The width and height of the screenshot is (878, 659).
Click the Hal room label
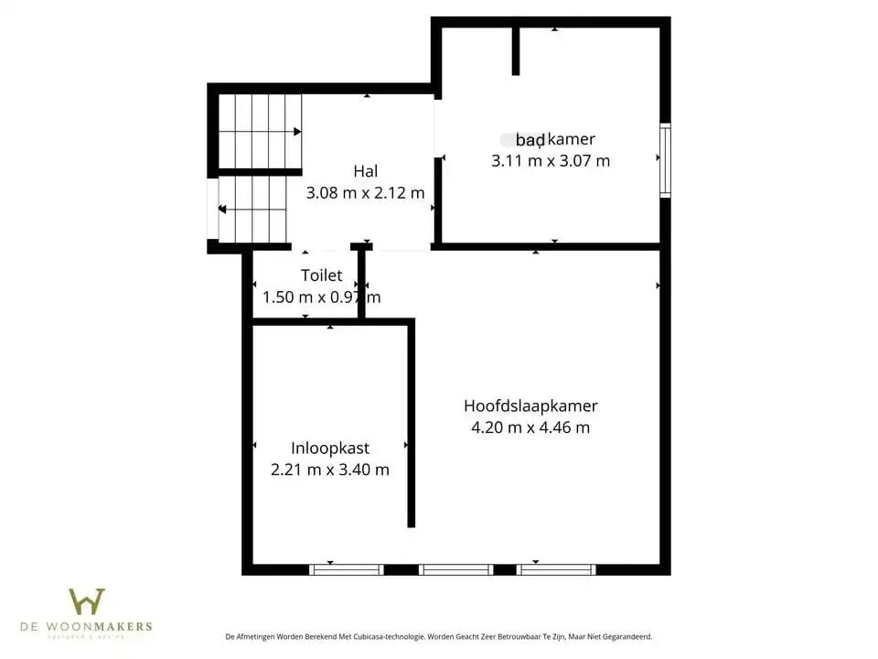point(366,171)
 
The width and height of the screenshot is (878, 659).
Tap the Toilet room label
point(321,275)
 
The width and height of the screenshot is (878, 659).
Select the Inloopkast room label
point(330,448)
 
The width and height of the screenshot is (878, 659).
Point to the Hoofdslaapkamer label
point(530,405)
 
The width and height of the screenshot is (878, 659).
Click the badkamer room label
point(554,140)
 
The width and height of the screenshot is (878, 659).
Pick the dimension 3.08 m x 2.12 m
point(366,193)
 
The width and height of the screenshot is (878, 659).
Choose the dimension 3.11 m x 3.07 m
point(551,161)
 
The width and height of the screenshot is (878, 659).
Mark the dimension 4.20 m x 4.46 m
point(530,427)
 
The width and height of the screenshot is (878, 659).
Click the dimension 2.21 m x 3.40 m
point(330,470)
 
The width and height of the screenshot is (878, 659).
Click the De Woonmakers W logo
point(87,601)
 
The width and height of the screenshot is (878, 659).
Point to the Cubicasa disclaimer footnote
point(439,637)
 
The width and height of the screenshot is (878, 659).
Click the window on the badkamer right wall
point(665,160)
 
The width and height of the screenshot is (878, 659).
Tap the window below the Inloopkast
point(347,569)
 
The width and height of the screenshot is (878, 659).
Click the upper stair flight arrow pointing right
point(296,132)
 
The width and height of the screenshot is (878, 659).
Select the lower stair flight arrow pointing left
point(222,210)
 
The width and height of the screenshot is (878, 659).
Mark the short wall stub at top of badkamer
point(516,51)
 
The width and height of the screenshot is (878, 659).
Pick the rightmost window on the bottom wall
point(556,569)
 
